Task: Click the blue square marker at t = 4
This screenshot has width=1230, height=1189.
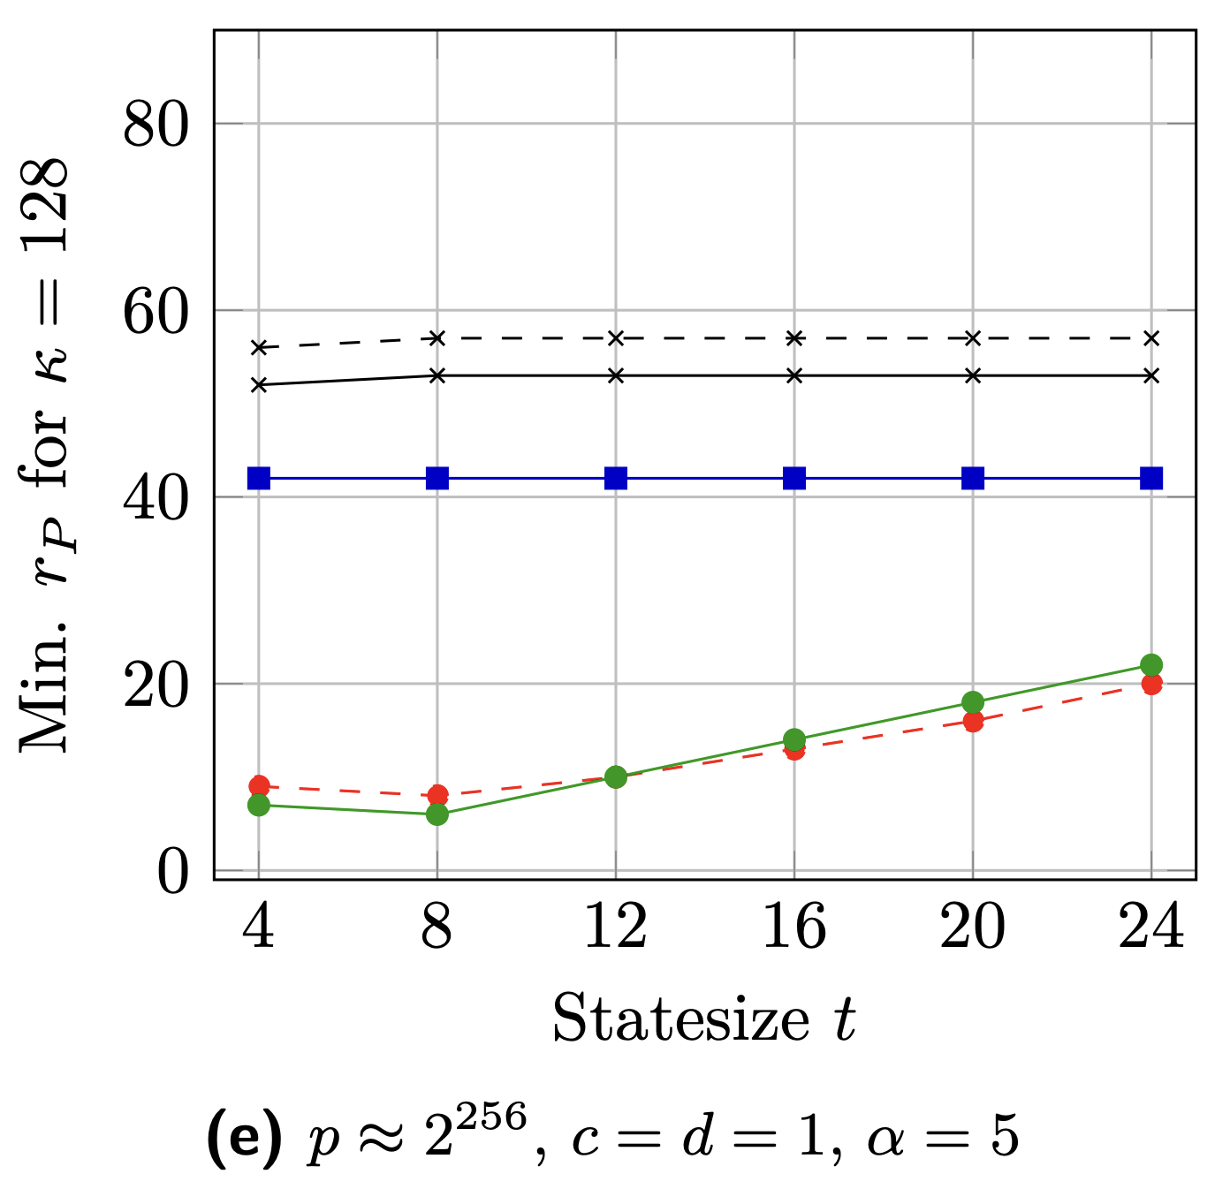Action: [259, 478]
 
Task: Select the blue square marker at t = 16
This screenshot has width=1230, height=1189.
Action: [794, 478]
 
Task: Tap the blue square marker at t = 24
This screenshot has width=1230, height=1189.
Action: [1151, 478]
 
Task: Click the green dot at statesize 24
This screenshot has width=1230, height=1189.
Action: [1151, 664]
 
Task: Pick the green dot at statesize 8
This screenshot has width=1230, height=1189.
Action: [437, 814]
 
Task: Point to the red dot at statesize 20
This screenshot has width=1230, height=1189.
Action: [973, 722]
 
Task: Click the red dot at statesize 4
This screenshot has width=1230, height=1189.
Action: [259, 785]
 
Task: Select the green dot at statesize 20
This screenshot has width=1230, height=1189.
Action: [973, 702]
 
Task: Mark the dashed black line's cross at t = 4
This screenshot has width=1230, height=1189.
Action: [259, 347]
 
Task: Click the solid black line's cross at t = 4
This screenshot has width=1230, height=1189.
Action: [259, 385]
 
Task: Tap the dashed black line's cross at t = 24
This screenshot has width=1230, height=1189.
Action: [1151, 338]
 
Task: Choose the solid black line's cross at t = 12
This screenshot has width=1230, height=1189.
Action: [616, 375]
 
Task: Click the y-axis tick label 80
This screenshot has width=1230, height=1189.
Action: [156, 125]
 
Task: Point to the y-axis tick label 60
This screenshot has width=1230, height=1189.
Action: [156, 312]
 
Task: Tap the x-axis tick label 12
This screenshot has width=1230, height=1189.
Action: [616, 928]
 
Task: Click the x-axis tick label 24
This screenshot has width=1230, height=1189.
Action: [1151, 928]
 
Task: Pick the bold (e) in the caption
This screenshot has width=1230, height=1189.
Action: [244, 1138]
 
